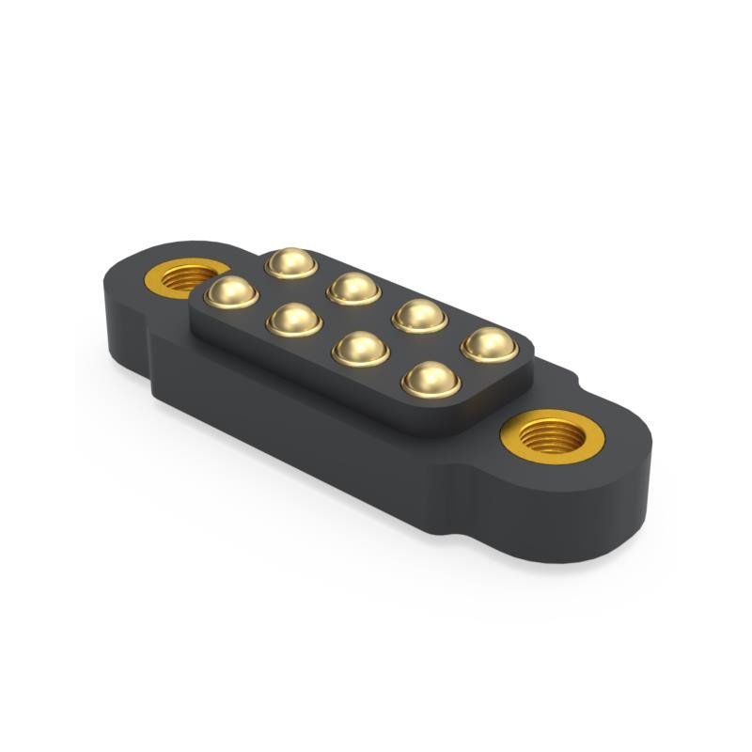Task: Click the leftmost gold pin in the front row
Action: click(x=230, y=291)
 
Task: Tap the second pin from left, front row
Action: click(x=294, y=320)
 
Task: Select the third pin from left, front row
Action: click(x=360, y=349)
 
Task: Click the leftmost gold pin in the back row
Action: click(x=290, y=262)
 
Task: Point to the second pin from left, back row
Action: click(x=353, y=288)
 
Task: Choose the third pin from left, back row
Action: click(x=419, y=315)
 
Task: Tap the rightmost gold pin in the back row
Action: click(x=489, y=344)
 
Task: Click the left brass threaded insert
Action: click(x=186, y=278)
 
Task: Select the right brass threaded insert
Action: click(x=552, y=435)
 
